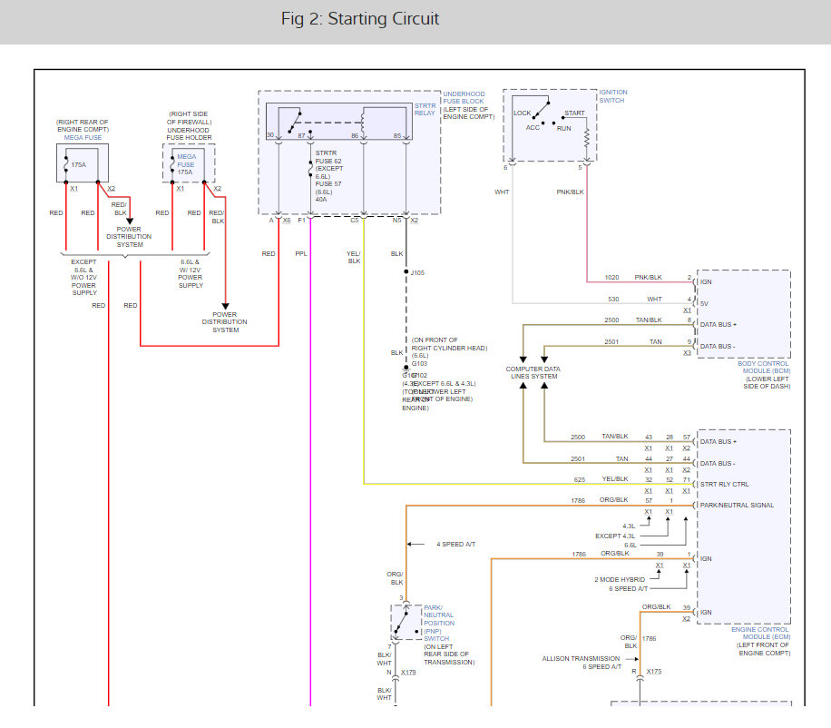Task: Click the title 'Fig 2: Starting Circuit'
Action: [x=360, y=19]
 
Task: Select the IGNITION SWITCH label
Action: [x=612, y=95]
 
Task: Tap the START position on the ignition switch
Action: [x=574, y=113]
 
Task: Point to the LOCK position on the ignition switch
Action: [x=523, y=113]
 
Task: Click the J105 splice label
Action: [x=417, y=271]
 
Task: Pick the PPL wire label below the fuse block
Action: [x=301, y=254]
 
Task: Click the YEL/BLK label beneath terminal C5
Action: [x=353, y=258]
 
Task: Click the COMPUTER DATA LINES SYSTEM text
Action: [x=533, y=372]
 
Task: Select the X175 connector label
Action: [x=654, y=672]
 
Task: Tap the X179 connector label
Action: [x=408, y=672]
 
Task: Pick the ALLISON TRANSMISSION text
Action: [x=581, y=658]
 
